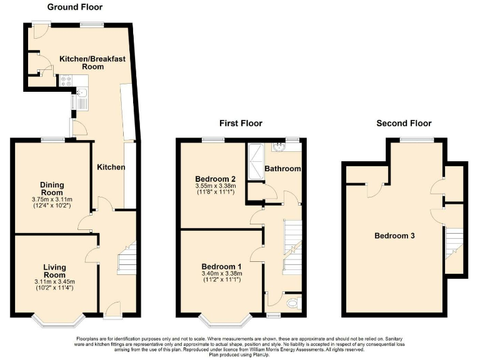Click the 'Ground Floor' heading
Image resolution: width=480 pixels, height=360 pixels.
coord(75,7)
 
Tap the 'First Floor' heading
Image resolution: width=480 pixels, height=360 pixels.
coord(241,123)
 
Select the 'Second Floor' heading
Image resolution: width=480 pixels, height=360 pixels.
coord(404,123)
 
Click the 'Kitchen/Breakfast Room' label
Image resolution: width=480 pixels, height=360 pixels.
coord(92,62)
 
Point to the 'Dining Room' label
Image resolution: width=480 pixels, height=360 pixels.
coord(52,189)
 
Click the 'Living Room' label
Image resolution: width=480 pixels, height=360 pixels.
coord(55,271)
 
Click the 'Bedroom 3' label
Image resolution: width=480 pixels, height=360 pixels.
coord(394,236)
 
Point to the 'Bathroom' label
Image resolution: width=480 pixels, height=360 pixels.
coord(282,169)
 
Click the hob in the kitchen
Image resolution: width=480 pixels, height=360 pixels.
coord(66,81)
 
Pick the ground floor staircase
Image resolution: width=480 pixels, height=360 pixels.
coord(126,257)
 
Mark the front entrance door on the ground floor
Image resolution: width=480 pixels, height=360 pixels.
coord(113,307)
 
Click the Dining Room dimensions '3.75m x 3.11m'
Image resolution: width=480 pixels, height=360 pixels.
coord(52,199)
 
